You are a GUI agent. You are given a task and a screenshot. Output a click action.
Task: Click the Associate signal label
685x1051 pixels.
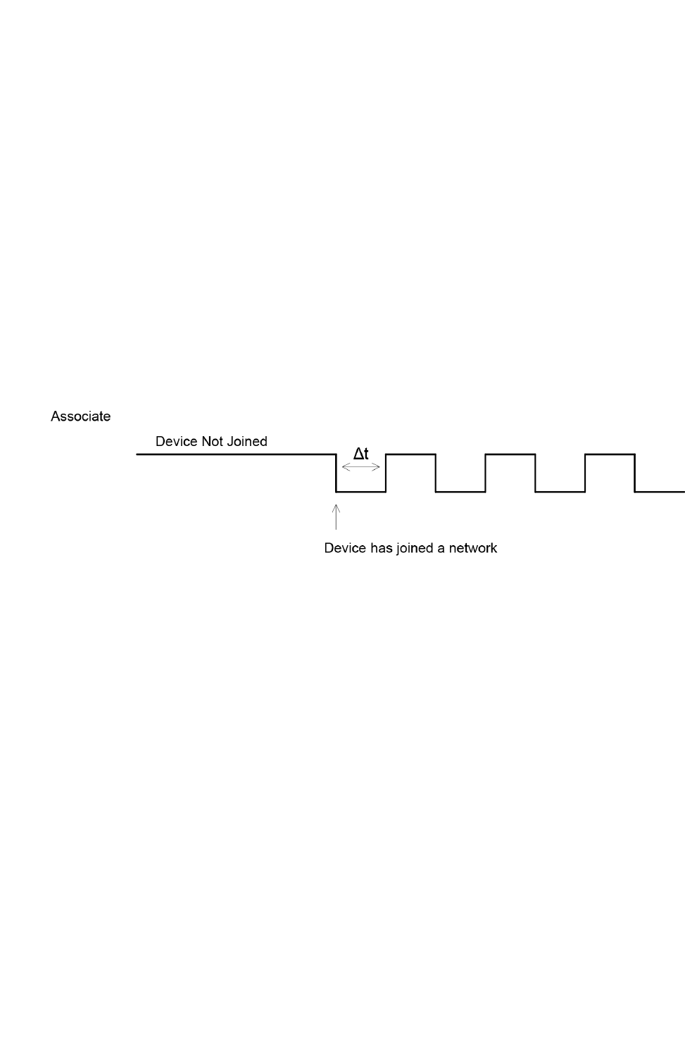80,416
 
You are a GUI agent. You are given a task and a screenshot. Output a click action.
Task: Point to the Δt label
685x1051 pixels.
360,454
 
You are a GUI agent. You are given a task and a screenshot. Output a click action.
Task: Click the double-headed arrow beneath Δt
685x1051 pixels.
360,466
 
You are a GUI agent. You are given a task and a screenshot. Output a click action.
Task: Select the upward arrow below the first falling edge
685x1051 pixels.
336,516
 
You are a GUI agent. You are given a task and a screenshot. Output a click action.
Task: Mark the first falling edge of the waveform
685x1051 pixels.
336,473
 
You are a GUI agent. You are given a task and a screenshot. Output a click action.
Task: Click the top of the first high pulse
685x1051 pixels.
410,454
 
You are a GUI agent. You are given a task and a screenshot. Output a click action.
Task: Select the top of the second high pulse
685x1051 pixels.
510,454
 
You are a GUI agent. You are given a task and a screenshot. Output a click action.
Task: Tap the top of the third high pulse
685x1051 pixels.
610,454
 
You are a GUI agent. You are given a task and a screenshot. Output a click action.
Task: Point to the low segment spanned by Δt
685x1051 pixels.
360,491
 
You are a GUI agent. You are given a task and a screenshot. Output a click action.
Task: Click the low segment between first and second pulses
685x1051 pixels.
460,491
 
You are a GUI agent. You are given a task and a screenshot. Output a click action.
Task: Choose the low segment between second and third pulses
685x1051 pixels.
560,491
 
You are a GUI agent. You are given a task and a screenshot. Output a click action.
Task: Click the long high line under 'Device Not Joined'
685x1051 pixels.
236,454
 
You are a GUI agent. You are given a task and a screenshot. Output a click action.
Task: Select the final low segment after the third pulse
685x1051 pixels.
660,491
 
